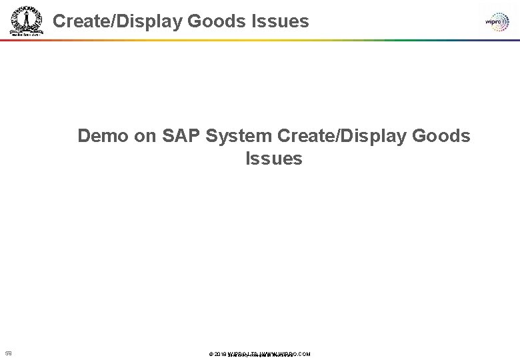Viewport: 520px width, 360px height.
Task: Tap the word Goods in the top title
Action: coord(216,21)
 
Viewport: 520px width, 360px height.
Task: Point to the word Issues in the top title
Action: coord(281,21)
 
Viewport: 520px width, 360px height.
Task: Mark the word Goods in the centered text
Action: coord(441,136)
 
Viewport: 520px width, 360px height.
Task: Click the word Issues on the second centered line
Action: coord(274,159)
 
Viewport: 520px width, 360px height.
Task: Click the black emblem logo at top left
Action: coord(25,21)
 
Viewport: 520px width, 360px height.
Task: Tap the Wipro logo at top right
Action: coord(497,21)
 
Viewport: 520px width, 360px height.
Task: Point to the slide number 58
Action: coord(9,353)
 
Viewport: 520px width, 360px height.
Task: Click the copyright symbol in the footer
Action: coord(211,354)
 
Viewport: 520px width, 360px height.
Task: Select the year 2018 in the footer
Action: coord(221,354)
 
